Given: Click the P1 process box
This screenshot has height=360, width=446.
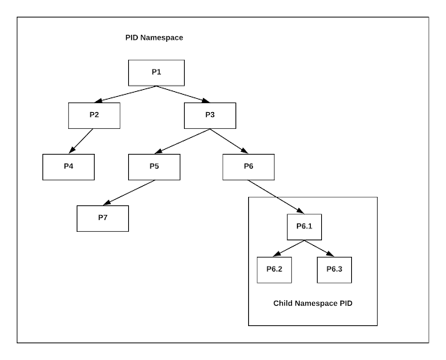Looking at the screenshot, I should click(156, 72).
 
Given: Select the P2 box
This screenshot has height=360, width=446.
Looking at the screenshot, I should click(94, 115).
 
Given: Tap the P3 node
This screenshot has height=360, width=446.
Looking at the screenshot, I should click(210, 115).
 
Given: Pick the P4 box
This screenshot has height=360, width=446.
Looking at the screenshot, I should click(68, 166).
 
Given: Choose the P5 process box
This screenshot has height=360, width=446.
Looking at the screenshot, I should click(154, 166).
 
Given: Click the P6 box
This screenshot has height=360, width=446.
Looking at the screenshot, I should click(248, 166).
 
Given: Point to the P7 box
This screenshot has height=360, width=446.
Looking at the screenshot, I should click(102, 218).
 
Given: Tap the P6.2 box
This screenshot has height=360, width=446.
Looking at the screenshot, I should click(274, 269).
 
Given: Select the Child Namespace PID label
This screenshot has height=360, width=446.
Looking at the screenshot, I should click(312, 304).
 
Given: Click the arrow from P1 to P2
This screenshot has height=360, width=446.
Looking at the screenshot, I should click(125, 94).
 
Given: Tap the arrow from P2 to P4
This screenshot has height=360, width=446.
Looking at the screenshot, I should click(81, 141).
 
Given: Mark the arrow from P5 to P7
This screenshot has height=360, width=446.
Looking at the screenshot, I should click(129, 192).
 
